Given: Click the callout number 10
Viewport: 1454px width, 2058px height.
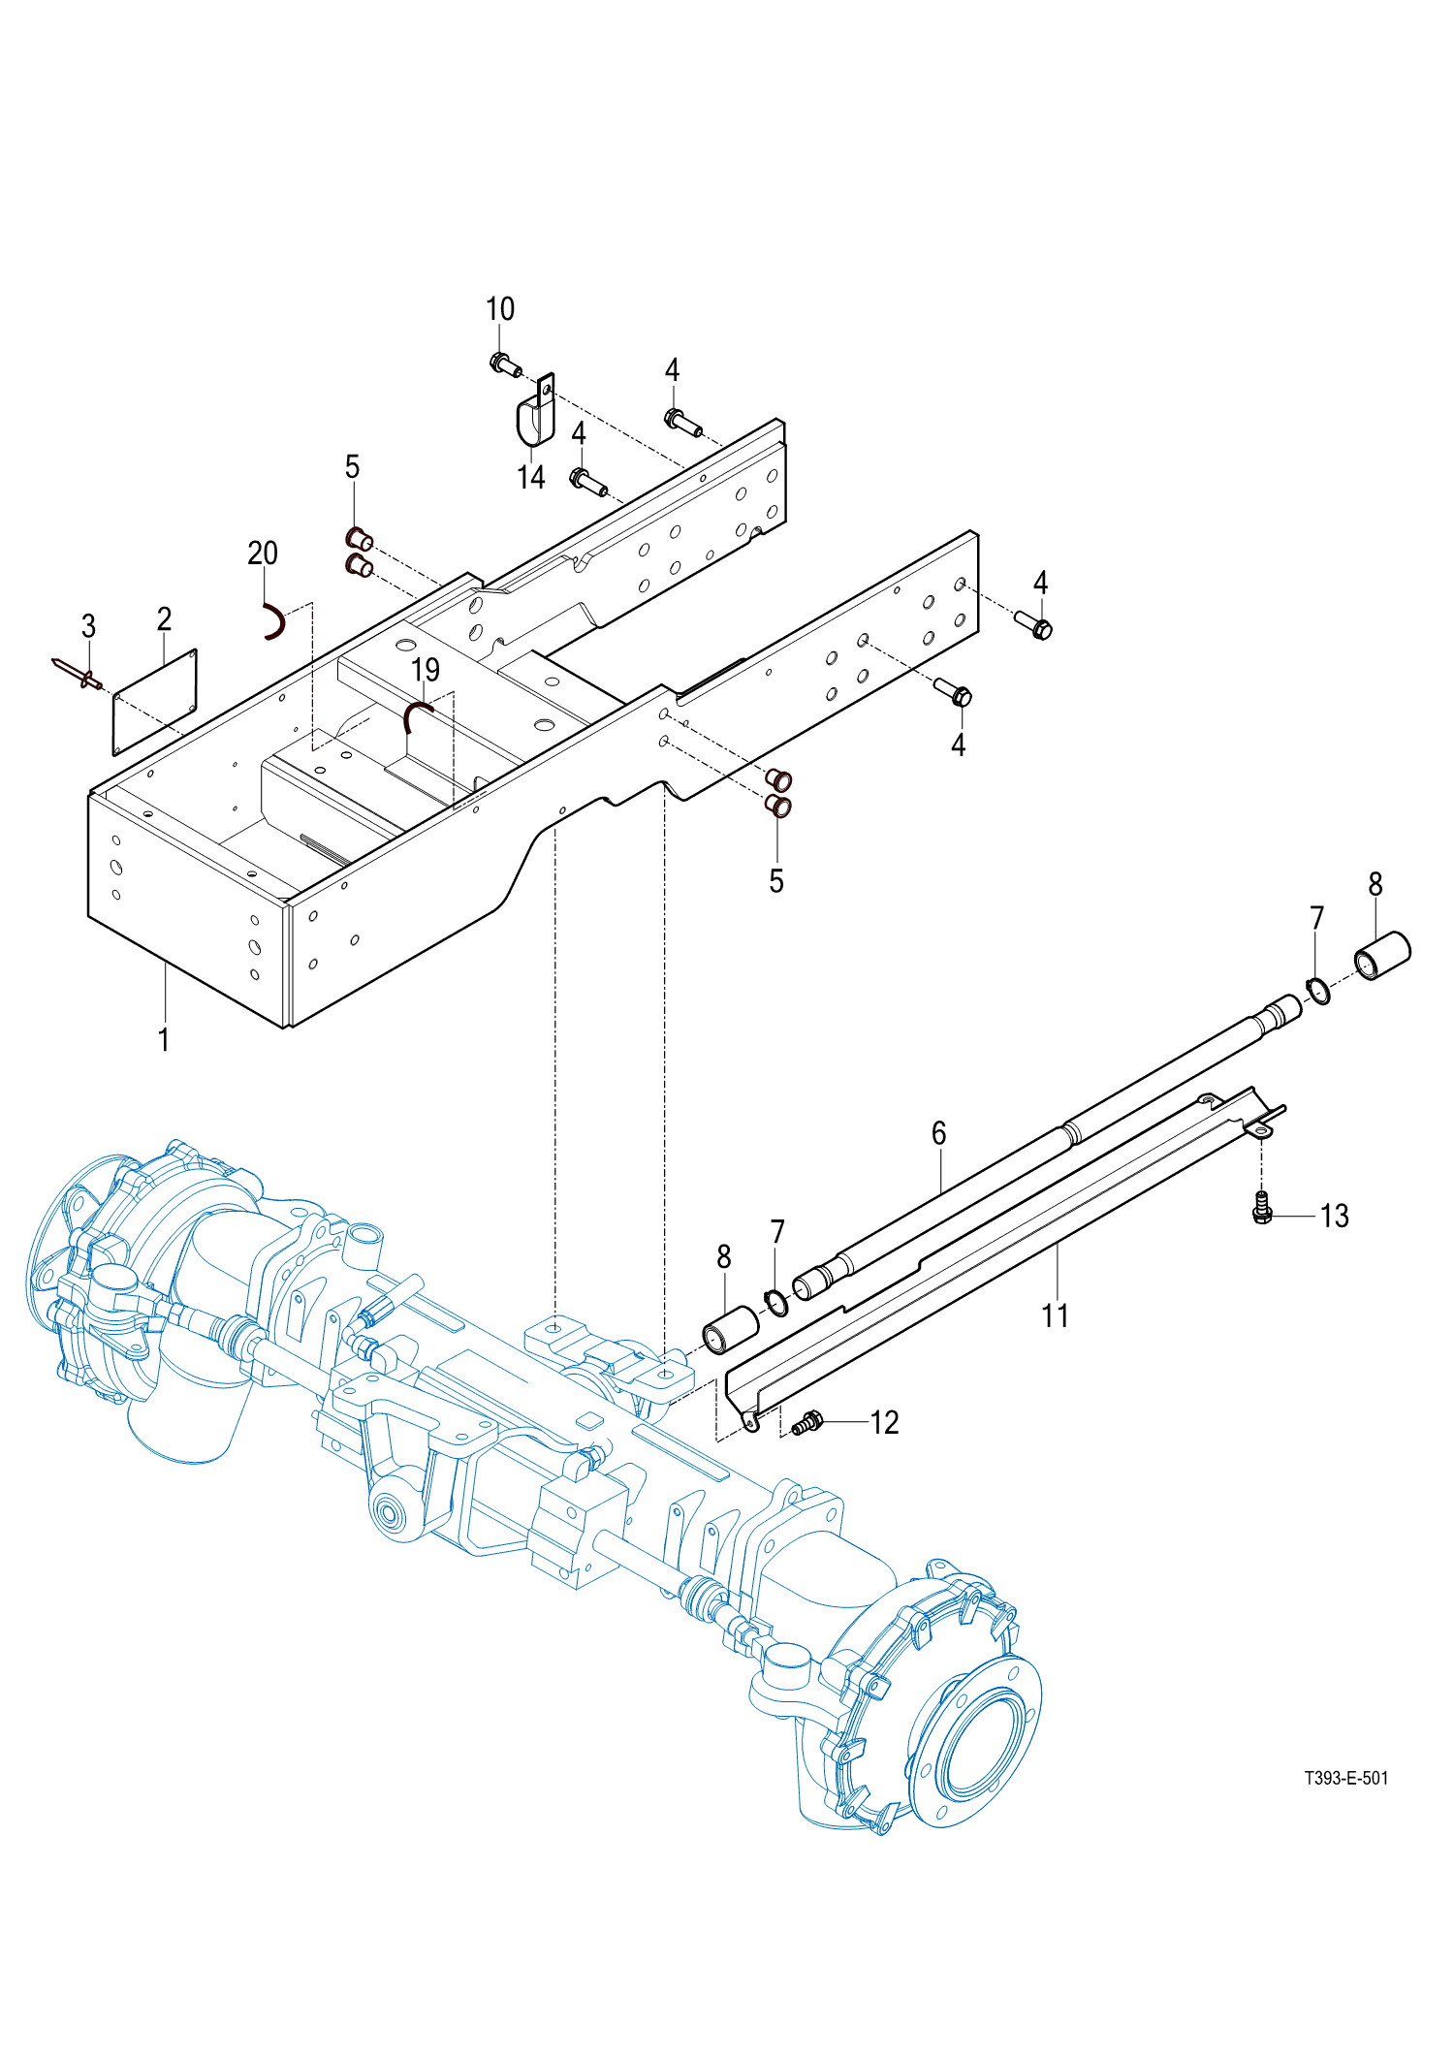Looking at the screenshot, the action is coord(500,309).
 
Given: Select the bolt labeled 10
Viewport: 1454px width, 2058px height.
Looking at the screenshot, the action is coord(505,364).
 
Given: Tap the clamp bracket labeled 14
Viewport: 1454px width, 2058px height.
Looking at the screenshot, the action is coord(535,412).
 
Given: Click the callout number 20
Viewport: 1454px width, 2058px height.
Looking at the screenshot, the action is coord(263,554).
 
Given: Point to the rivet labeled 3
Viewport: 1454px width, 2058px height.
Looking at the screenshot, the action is coord(77,672).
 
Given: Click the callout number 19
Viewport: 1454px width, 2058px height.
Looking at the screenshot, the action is coord(426,670).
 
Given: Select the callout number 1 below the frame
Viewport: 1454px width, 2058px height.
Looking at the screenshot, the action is coord(164,1040).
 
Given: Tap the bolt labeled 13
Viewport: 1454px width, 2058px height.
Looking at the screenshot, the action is coord(1262,1207).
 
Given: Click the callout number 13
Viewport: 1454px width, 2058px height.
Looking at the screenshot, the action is coord(1335,1216).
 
